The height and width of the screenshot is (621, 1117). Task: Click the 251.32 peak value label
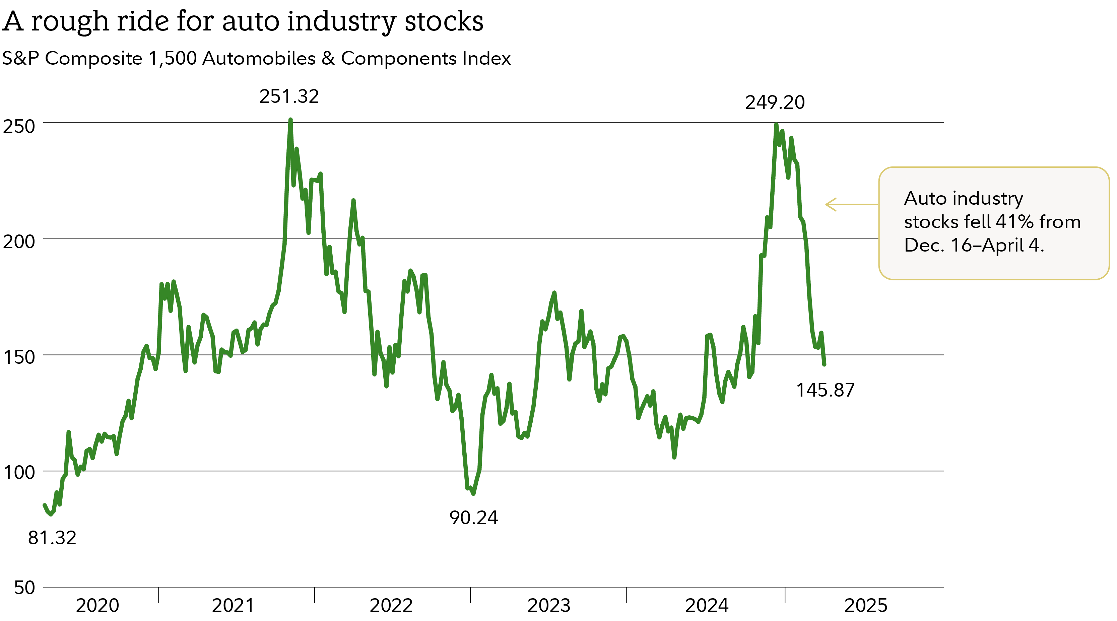(x=289, y=96)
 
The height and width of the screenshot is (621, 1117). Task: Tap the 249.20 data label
(x=775, y=103)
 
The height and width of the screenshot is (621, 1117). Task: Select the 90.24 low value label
(x=473, y=518)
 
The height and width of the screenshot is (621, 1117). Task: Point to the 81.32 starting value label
(x=52, y=538)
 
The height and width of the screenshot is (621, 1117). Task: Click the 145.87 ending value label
(x=825, y=390)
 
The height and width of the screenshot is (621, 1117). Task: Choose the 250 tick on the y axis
(x=19, y=127)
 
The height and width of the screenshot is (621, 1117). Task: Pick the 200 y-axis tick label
(x=19, y=241)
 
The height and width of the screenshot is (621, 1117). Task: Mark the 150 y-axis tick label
(x=19, y=357)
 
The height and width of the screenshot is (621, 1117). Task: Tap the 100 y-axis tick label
(x=19, y=472)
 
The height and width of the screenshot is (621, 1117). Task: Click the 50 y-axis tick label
(x=24, y=588)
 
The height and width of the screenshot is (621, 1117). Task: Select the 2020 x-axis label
(x=97, y=605)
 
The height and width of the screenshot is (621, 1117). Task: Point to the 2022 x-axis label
(x=391, y=605)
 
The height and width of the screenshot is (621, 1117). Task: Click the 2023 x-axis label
(x=548, y=605)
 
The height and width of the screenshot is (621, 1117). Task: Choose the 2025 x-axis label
(x=865, y=605)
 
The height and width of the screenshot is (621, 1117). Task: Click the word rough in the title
(x=70, y=22)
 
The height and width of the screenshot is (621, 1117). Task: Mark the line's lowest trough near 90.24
(x=473, y=493)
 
